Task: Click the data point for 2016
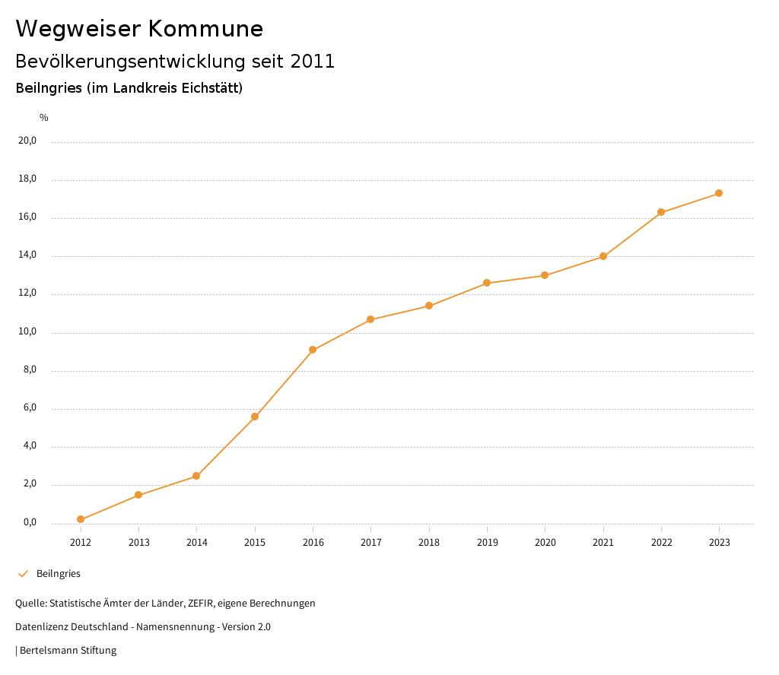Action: coord(313,350)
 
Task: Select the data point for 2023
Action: coord(719,193)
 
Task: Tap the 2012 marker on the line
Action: coord(81,519)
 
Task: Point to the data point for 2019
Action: coord(487,283)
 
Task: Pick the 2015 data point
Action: coord(255,417)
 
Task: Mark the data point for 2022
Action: coord(661,212)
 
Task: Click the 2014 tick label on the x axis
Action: coord(196,542)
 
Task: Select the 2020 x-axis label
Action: coord(545,542)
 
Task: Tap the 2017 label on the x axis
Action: coord(370,542)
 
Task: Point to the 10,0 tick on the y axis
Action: coord(28,331)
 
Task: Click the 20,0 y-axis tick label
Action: coord(28,141)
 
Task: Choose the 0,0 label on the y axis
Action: coord(30,522)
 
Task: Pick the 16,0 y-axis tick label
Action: coord(28,217)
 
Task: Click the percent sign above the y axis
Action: coord(44,118)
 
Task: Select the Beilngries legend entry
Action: coord(59,574)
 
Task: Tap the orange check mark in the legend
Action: coord(23,574)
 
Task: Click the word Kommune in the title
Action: coord(205,29)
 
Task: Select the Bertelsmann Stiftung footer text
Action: coord(68,651)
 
